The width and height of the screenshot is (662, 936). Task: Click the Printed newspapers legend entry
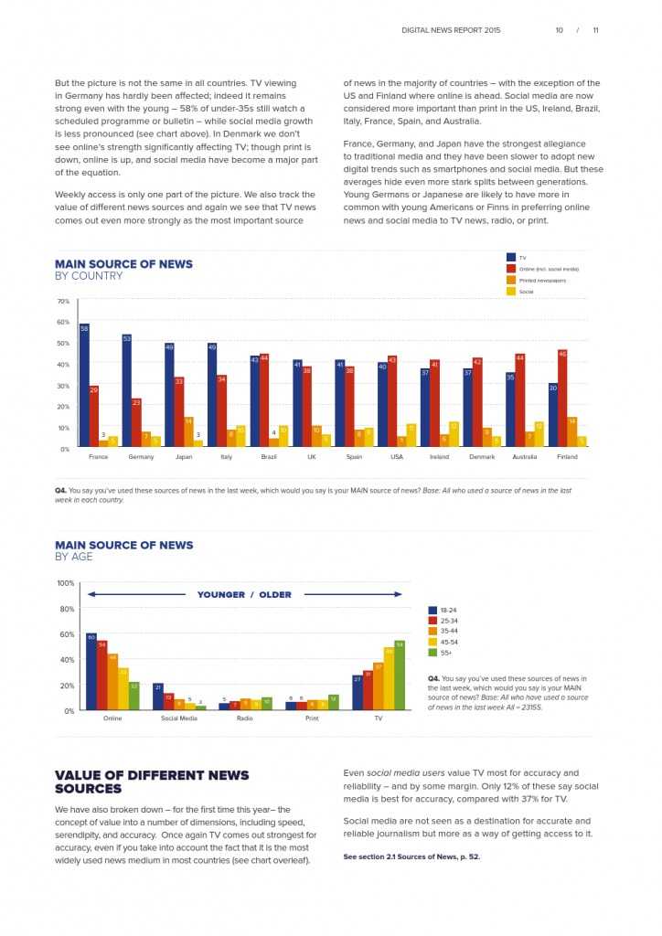tap(542, 281)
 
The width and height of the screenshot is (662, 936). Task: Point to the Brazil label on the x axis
tap(269, 456)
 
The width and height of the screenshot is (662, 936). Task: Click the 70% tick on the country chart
tap(63, 301)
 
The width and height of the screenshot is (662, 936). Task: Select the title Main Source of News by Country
tap(123, 270)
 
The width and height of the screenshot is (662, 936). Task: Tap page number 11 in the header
tap(595, 30)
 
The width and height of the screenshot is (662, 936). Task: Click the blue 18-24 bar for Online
tap(91, 672)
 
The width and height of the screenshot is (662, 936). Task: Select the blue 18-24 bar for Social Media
tap(157, 697)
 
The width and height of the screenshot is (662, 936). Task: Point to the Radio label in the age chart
tap(245, 718)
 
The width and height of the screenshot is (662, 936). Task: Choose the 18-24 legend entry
tap(448, 610)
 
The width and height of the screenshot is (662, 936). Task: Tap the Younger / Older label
tap(244, 595)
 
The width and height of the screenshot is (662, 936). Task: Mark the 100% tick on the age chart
tap(66, 583)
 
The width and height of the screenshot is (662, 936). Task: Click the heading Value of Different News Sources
tap(152, 782)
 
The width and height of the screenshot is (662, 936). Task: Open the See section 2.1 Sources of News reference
tap(411, 856)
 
